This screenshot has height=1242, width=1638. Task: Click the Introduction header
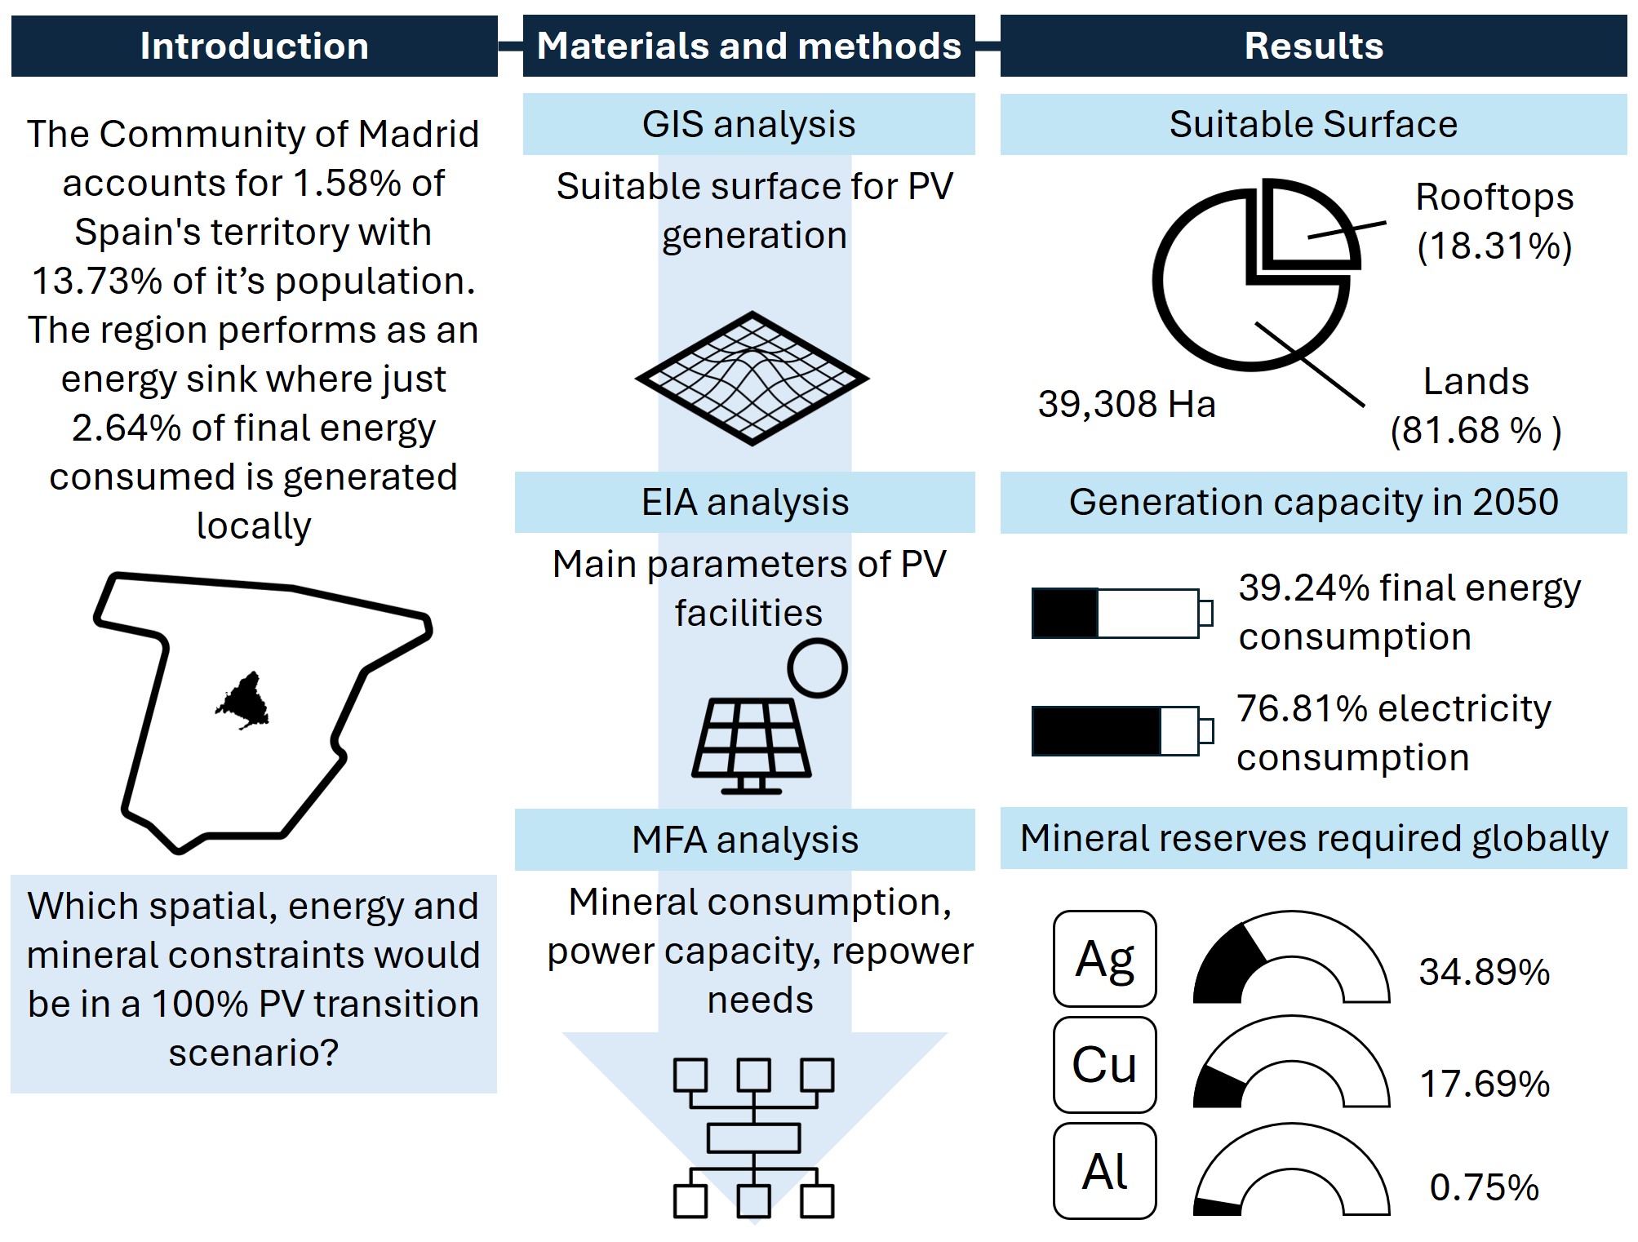click(x=254, y=46)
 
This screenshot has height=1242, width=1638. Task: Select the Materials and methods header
click(x=748, y=46)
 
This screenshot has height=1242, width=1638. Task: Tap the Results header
click(x=1313, y=46)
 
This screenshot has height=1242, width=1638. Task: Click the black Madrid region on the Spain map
click(x=243, y=701)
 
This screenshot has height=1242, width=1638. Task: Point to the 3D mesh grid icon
click(x=752, y=378)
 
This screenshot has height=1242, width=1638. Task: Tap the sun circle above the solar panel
click(x=817, y=668)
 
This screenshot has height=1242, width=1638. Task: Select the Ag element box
click(x=1104, y=959)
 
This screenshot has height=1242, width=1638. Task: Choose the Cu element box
click(x=1104, y=1064)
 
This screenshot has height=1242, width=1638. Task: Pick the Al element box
click(x=1104, y=1171)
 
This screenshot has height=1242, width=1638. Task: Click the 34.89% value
click(x=1484, y=971)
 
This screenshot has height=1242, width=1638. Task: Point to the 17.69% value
click(x=1484, y=1084)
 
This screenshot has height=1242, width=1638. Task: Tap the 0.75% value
click(x=1484, y=1187)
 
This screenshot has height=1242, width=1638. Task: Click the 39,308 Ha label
click(x=1126, y=404)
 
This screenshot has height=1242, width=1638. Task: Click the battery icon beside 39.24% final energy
click(x=1121, y=613)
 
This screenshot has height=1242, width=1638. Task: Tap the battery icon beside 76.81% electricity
click(x=1121, y=731)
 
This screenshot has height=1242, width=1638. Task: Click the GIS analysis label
click(x=748, y=124)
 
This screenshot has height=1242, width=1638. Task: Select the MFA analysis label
click(x=744, y=840)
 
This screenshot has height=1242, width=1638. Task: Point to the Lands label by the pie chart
click(x=1476, y=381)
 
